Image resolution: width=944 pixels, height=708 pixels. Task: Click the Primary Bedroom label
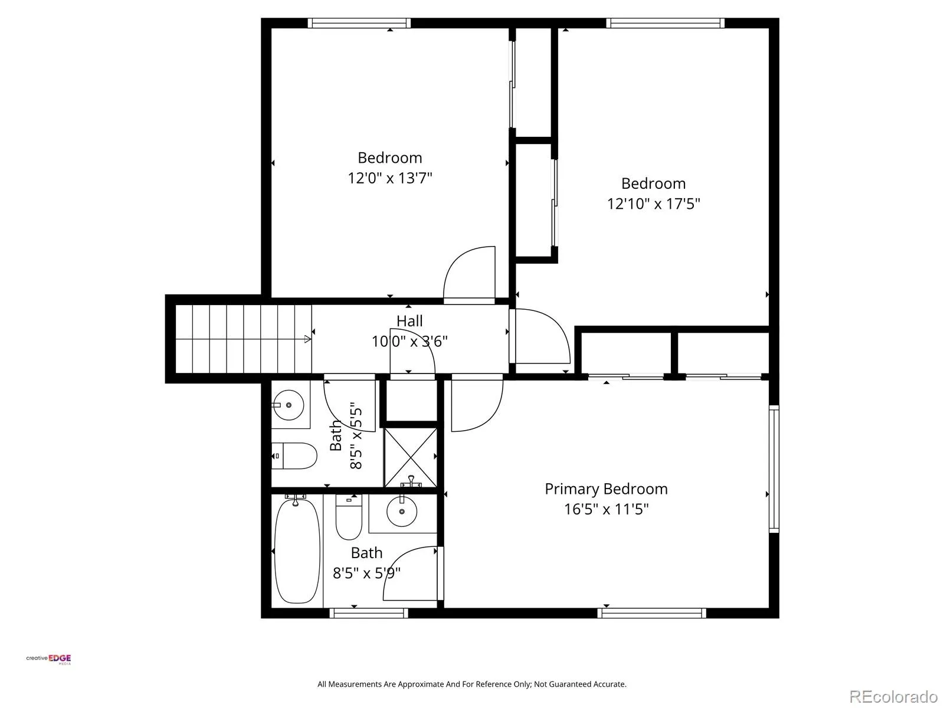coord(606,489)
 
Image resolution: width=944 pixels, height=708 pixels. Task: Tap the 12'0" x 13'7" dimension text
coord(389,178)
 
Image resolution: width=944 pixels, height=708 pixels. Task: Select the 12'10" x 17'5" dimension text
coord(653,204)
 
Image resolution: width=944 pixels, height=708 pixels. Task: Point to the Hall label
coord(409,321)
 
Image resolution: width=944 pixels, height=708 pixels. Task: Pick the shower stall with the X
coord(410,457)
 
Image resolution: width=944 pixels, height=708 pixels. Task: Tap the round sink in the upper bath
coord(289,405)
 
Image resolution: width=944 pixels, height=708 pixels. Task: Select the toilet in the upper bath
coord(294,455)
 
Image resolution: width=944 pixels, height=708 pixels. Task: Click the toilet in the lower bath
coord(349,517)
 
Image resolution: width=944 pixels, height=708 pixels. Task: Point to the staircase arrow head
coord(308,339)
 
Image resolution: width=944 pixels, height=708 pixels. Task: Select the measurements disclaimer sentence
coord(472,684)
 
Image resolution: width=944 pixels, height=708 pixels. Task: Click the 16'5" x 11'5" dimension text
coord(606,509)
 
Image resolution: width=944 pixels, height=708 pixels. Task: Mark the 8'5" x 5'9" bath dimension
coord(366,573)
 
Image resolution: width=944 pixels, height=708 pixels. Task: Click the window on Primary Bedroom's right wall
coord(773,469)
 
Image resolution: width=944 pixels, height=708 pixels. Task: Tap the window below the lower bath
coord(369,613)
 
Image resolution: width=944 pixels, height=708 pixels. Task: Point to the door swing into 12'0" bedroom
coord(469,273)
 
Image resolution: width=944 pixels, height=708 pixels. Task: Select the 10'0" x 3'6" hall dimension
coord(409,342)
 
